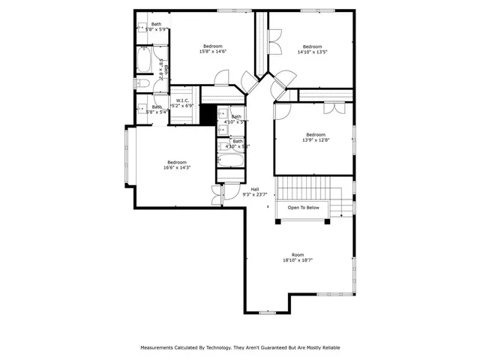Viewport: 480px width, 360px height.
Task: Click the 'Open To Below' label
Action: click(x=303, y=208)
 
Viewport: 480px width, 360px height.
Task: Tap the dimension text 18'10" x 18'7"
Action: click(x=298, y=260)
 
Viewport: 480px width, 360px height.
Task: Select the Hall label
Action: click(x=255, y=189)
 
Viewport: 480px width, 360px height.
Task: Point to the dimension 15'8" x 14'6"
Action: click(x=213, y=52)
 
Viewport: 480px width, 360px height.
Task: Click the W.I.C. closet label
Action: click(x=182, y=100)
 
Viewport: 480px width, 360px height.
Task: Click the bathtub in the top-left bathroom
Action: click(x=144, y=60)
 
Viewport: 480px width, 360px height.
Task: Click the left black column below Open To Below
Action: click(x=279, y=220)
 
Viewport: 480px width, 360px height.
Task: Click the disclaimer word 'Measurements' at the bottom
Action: click(x=159, y=347)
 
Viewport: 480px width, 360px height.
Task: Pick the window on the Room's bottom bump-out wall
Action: click(x=268, y=312)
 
